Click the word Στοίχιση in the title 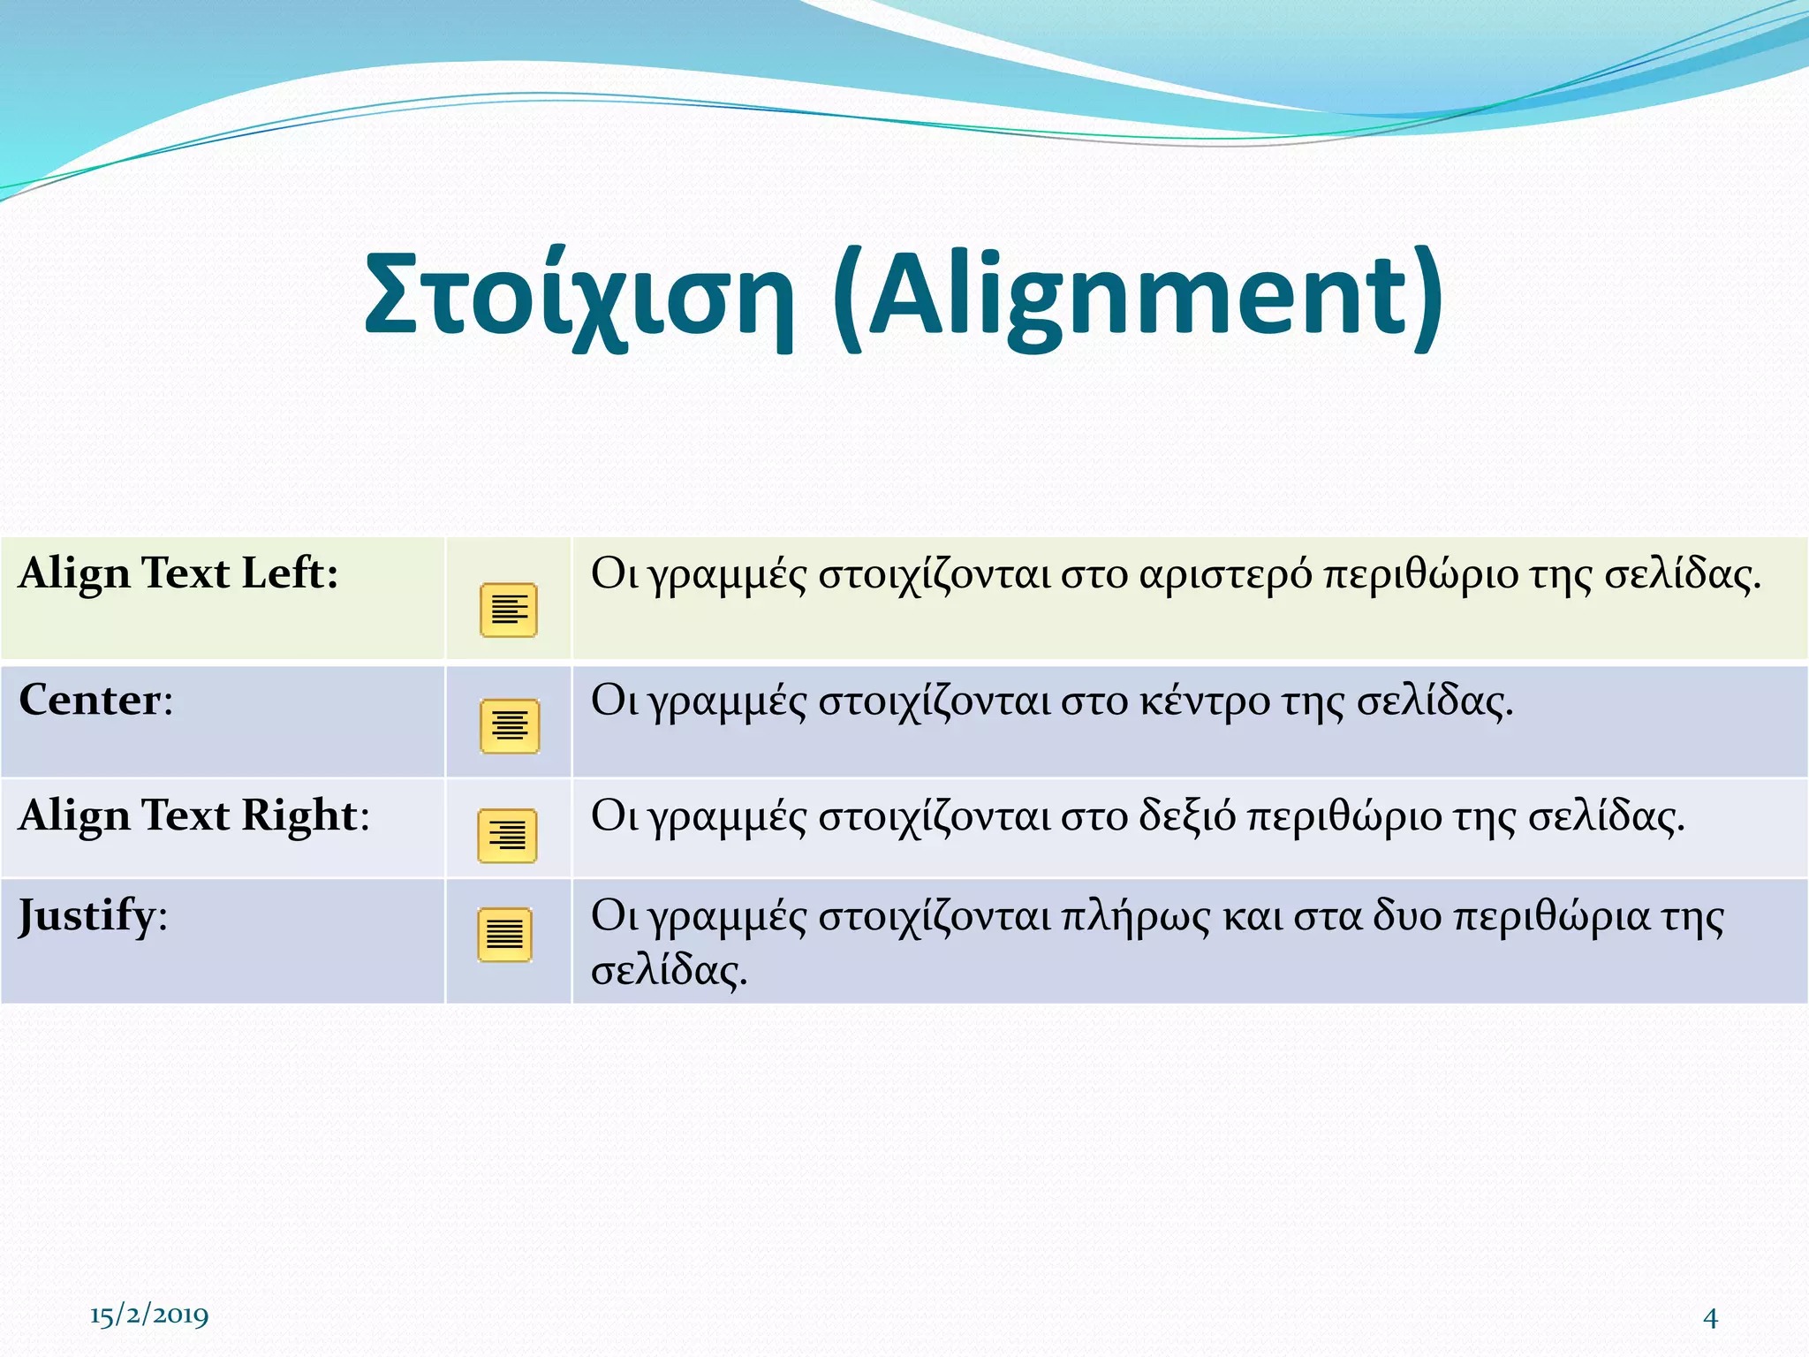579,295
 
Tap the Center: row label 95,701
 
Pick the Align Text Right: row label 193,815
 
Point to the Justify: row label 93,916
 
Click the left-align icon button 509,610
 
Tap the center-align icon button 510,726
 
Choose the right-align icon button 507,836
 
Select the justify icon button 505,935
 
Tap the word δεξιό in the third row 1187,816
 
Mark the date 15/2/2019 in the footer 149,1315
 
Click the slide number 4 1710,1318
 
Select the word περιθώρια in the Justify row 1551,917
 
